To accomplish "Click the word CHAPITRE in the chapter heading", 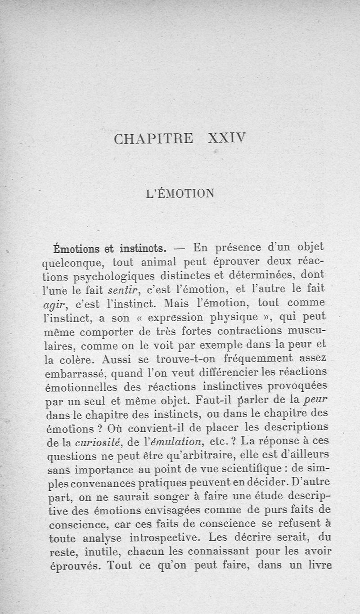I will coord(153,138).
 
